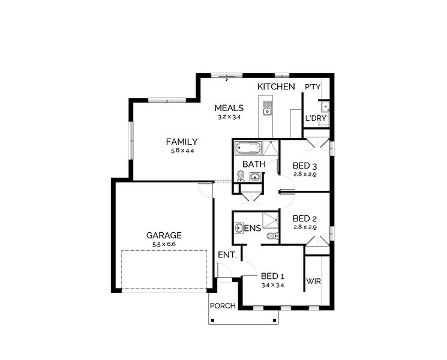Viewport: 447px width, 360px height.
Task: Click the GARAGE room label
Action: click(164, 235)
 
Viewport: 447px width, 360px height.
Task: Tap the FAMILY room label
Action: click(182, 142)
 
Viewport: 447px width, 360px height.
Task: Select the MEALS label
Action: click(229, 108)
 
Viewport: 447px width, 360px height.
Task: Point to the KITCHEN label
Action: click(276, 86)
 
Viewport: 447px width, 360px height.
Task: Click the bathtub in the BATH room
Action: click(248, 148)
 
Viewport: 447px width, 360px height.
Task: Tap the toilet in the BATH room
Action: click(241, 176)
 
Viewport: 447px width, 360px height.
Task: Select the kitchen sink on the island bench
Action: click(266, 109)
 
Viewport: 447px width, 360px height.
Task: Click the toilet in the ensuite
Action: click(273, 236)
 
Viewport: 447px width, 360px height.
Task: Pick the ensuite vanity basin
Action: click(239, 228)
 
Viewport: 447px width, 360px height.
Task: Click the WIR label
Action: click(314, 281)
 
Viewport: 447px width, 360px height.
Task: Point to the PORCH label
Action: click(223, 306)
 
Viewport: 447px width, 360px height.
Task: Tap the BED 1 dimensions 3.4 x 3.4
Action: click(272, 285)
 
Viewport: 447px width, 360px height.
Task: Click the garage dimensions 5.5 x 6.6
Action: click(164, 244)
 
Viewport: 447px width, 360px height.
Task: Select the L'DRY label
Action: click(316, 118)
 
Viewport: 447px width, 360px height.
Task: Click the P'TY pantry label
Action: click(313, 86)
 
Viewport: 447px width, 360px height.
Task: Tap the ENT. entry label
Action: click(227, 255)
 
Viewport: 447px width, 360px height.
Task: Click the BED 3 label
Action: click(305, 166)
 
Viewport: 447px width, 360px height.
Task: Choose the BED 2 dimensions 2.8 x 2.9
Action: click(305, 227)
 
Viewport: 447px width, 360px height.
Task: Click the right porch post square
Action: click(275, 320)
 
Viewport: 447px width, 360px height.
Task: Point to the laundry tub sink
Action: click(325, 107)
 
